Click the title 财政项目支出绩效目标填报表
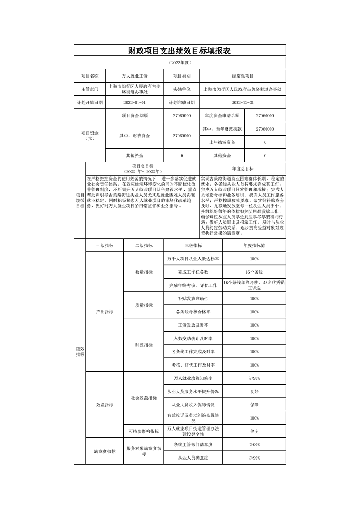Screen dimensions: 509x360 pos(180,51)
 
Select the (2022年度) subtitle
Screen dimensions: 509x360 pos(180,62)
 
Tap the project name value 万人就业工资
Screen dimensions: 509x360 pos(134,76)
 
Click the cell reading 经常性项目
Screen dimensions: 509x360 pos(242,76)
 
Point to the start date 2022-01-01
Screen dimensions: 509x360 pos(134,103)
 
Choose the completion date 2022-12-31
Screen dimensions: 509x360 pos(242,103)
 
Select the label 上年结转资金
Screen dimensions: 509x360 pos(222,142)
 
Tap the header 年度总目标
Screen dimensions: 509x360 pos(242,168)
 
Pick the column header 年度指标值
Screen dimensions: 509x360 pos(254,245)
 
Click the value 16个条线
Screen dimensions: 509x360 pos(254,272)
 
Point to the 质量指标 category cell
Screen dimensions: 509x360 pos(143,305)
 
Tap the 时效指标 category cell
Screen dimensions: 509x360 pos(143,345)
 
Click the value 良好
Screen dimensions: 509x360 pos(254,391)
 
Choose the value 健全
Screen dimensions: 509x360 pos(254,431)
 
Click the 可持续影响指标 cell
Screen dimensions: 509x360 pos(143,431)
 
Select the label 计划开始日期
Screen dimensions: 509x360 pos(89,103)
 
